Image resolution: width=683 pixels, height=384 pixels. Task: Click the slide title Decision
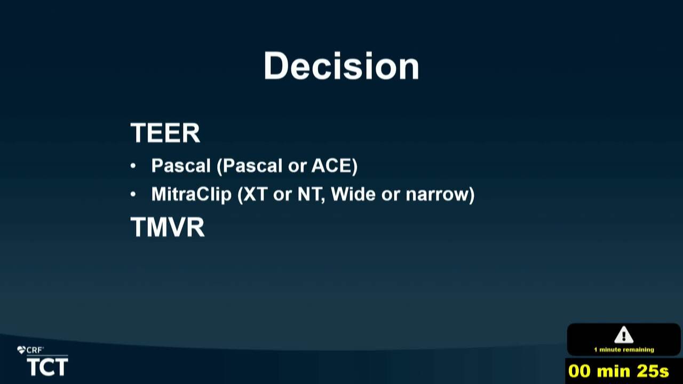coord(341,66)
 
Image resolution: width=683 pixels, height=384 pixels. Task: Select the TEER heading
coord(165,133)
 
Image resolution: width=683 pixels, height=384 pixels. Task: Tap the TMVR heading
coord(168,227)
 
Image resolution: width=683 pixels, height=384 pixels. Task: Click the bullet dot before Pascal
coord(133,166)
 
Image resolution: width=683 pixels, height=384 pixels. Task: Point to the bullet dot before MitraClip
coord(133,194)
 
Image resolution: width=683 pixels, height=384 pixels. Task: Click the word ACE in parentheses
coord(332,165)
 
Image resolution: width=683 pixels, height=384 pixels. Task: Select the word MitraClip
coord(192,194)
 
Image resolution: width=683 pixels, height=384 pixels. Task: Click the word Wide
coord(353,194)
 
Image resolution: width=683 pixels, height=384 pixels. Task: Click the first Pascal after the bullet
coord(181,165)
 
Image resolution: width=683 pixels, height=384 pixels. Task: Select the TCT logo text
coord(47,367)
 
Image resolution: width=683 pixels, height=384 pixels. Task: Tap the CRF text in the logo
coord(35,350)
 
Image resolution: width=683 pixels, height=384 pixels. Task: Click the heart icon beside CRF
coord(21,350)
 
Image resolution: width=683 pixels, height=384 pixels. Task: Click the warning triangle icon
coord(624,334)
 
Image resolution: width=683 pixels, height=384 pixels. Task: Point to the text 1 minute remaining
coord(624,349)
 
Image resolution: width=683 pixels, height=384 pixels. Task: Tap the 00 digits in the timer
coord(579,371)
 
